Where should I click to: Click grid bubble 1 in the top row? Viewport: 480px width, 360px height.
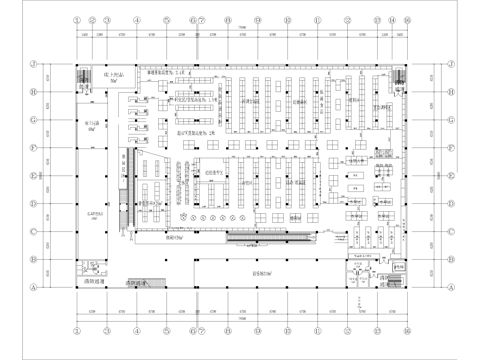point(79,19)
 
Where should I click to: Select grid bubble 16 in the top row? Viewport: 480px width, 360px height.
point(407,19)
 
